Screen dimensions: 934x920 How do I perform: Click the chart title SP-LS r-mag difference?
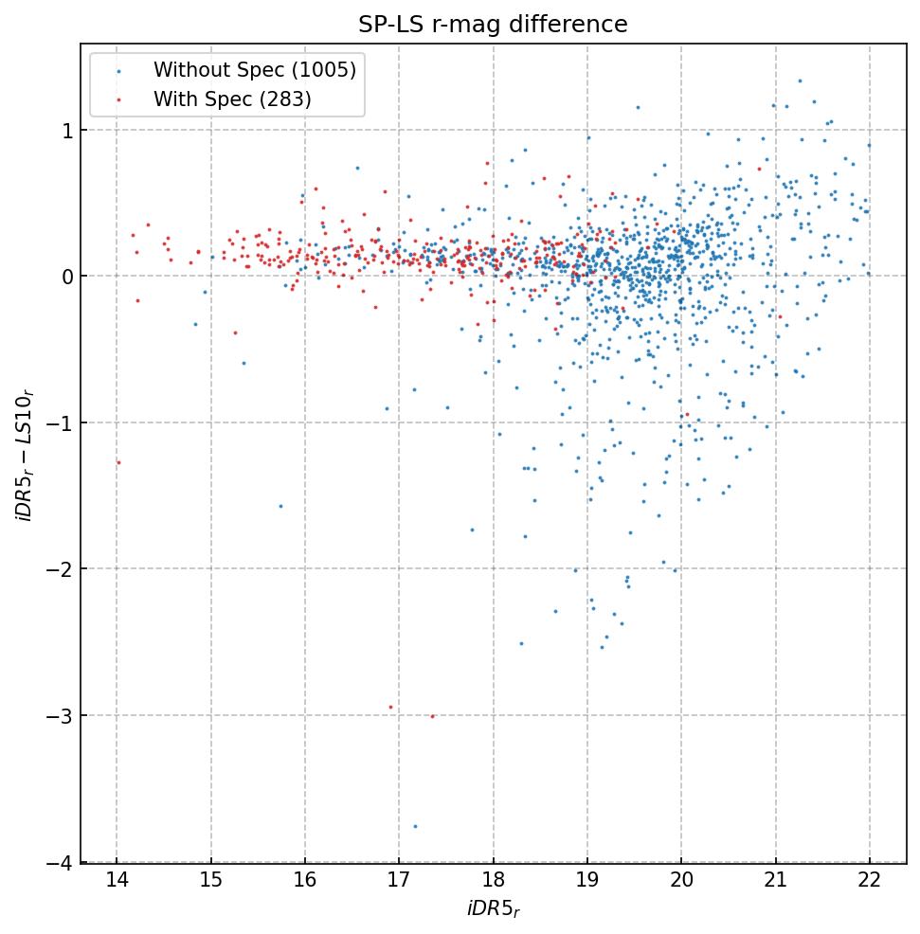click(493, 25)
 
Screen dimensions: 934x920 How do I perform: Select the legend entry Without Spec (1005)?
click(255, 70)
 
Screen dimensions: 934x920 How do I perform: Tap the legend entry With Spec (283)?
click(232, 99)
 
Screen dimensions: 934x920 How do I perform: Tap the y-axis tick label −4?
click(59, 862)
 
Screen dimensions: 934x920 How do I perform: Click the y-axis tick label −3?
click(59, 715)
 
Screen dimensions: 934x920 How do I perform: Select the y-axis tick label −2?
click(59, 569)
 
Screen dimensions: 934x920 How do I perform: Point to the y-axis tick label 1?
click(66, 130)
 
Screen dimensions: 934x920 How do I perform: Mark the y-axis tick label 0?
click(66, 277)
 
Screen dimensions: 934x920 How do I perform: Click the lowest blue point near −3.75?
click(414, 826)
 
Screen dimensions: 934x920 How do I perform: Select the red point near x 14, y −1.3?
click(118, 462)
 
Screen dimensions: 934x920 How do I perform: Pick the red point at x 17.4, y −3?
click(432, 716)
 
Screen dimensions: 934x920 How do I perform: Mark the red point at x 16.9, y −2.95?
click(390, 707)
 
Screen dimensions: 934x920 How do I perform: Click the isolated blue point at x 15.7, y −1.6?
click(280, 506)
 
